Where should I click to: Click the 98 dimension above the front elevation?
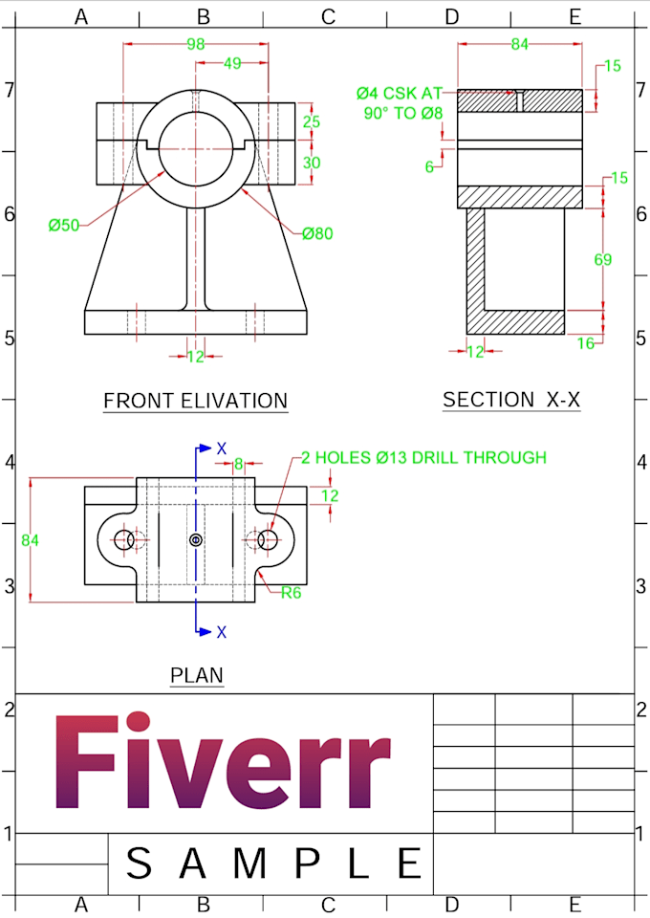(196, 44)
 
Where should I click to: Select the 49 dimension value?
(231, 63)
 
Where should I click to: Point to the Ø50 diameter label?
(64, 226)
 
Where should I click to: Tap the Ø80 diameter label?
(317, 233)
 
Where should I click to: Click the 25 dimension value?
(312, 121)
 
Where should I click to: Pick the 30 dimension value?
(312, 163)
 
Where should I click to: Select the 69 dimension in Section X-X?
(602, 259)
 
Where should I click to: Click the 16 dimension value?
(586, 343)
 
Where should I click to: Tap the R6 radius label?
(292, 592)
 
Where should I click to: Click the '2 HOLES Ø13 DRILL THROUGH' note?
(423, 457)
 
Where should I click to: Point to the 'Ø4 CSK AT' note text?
(399, 93)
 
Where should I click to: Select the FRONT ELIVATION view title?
(195, 401)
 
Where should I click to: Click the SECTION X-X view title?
(511, 400)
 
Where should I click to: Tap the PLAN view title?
(197, 675)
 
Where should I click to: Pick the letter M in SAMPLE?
(250, 863)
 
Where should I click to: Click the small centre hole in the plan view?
(196, 540)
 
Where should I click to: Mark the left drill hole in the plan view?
(124, 540)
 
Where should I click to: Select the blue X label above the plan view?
(222, 448)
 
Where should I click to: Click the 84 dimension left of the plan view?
(31, 540)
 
